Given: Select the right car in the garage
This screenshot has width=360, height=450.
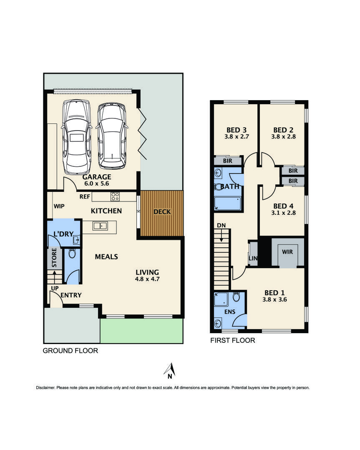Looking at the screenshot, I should click(x=111, y=136).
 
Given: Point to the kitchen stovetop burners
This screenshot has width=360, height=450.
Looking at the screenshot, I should click(x=115, y=196).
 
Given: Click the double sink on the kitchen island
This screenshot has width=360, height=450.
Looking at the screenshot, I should click(x=100, y=226).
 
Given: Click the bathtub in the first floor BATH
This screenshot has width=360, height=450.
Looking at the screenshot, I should click(x=227, y=204).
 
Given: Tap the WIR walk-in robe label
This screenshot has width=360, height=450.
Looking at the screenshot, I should click(x=287, y=252).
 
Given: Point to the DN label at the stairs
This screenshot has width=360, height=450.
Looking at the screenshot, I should click(x=221, y=226).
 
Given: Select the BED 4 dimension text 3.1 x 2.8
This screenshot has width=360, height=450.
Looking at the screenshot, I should click(x=284, y=213).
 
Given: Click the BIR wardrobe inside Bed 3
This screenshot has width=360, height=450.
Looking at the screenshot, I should click(x=228, y=161).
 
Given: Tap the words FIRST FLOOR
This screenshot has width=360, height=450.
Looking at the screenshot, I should click(x=232, y=340).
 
